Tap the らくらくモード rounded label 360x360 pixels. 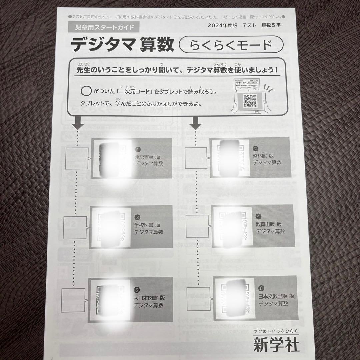231,45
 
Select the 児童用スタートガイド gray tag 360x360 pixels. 101,27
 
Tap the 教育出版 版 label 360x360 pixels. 269,224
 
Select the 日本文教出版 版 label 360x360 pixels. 276,296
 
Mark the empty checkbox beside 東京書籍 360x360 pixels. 76,157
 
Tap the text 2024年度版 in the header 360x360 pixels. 222,26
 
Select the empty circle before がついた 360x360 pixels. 86,91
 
